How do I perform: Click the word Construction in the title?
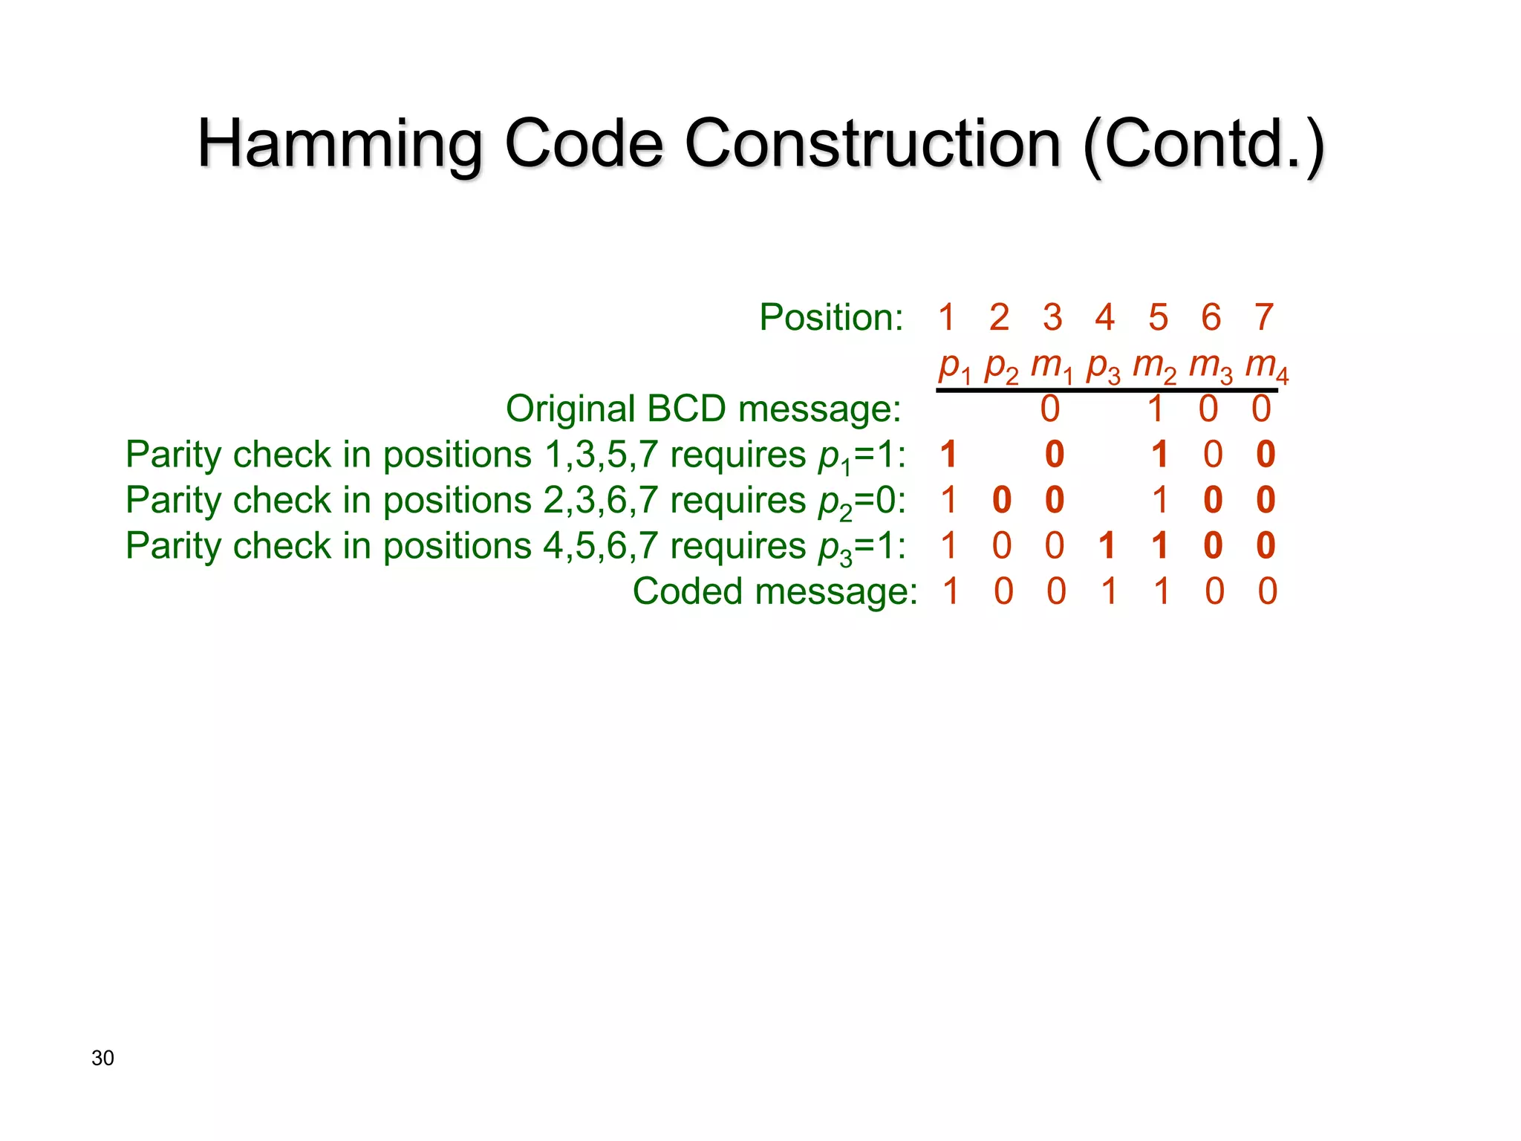(x=872, y=145)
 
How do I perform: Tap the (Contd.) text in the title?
(x=1203, y=145)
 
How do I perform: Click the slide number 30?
(x=102, y=1058)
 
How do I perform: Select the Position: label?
(x=831, y=318)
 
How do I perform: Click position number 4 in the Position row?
(x=1104, y=318)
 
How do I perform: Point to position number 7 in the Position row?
(x=1264, y=318)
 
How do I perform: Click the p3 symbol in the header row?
(x=1103, y=367)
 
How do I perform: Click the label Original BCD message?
(x=703, y=409)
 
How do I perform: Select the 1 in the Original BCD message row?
(x=1156, y=409)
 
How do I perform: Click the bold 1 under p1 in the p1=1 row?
(x=948, y=455)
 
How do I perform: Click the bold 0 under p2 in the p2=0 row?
(x=1001, y=500)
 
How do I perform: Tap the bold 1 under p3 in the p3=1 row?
(x=1107, y=546)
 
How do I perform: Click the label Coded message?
(x=775, y=592)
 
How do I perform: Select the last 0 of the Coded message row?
(x=1267, y=592)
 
